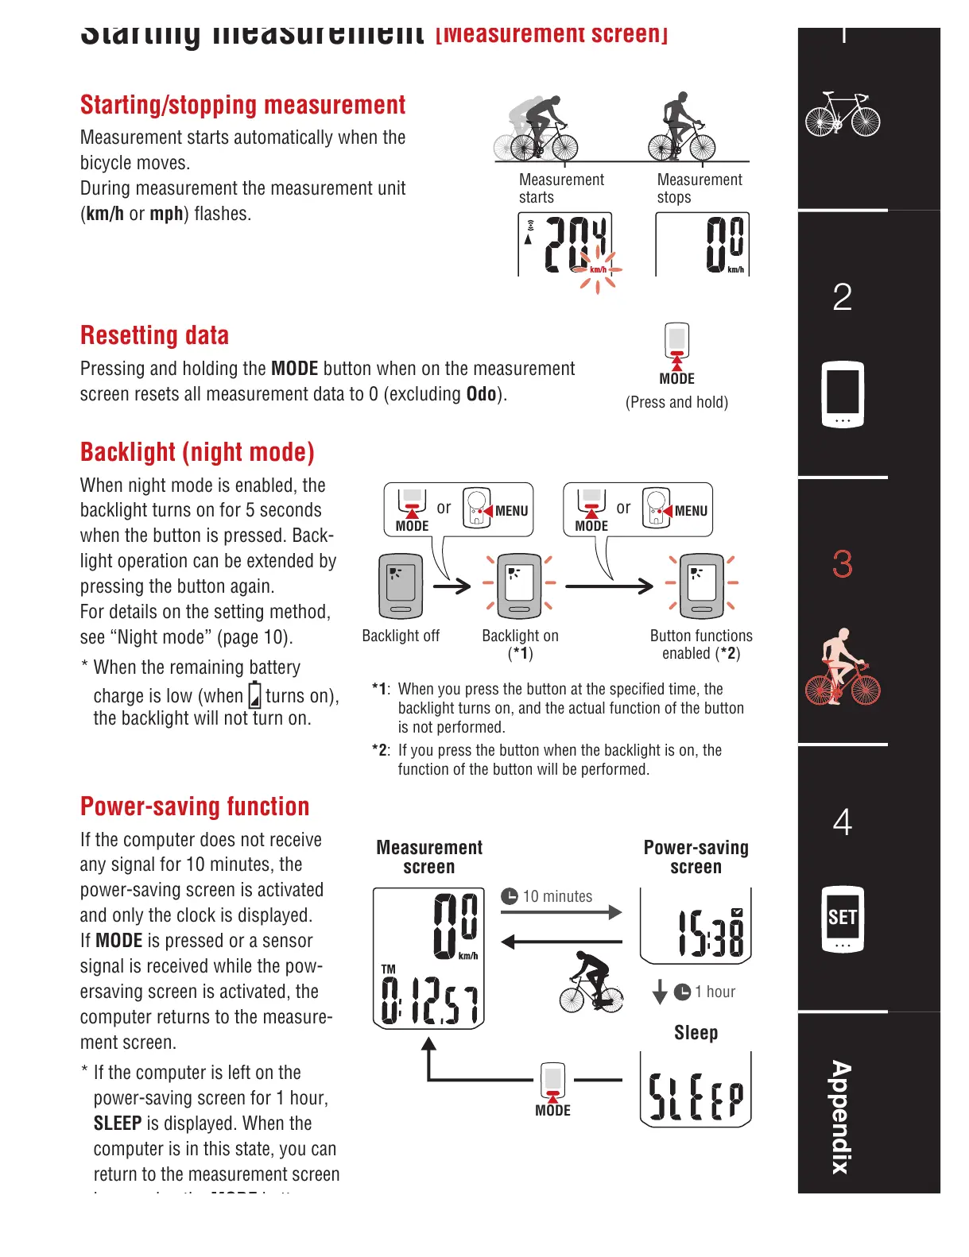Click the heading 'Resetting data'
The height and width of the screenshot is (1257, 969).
[154, 335]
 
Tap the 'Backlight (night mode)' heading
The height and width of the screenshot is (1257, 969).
[197, 452]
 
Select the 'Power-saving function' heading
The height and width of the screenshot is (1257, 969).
[195, 806]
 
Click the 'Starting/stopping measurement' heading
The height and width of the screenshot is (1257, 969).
[242, 105]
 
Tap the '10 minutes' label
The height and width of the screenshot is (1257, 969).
[557, 896]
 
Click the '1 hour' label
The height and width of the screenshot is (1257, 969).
[715, 992]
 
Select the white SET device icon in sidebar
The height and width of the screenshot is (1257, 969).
[842, 919]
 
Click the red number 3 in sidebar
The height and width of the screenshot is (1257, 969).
[842, 564]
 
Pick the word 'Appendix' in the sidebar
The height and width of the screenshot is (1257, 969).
[840, 1117]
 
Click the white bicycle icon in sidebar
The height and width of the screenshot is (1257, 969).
[842, 116]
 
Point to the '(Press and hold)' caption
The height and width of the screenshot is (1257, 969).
[676, 402]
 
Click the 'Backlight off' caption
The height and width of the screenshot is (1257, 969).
[401, 636]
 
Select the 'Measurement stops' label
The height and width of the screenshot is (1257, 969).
[699, 188]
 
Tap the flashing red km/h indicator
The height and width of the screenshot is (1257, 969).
[598, 270]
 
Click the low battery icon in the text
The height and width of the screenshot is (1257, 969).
[254, 695]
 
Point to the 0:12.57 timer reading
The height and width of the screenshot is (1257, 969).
[429, 1000]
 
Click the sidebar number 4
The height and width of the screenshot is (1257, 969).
[842, 822]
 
